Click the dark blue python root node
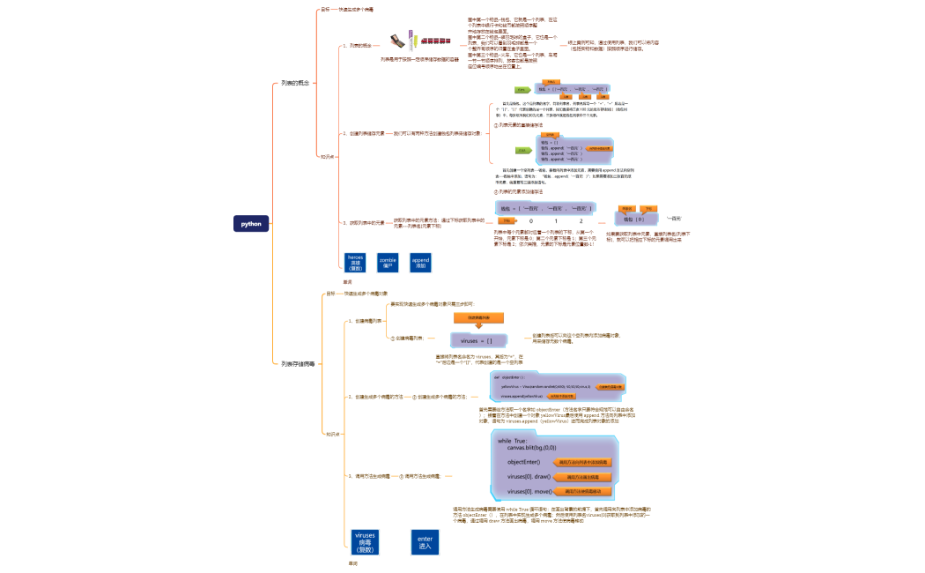pos(251,224)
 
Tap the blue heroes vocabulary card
pos(356,263)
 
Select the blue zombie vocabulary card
pos(388,263)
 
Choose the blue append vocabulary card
pos(420,263)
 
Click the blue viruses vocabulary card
pos(365,540)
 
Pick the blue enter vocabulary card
pos(425,540)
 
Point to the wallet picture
pos(399,41)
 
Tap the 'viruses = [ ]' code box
pos(477,340)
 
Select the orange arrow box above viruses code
pos(478,317)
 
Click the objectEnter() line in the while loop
pos(523,462)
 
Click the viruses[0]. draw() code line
pos(529,476)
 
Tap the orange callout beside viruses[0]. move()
pos(583,491)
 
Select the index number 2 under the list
pos(581,220)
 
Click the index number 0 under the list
pos(530,220)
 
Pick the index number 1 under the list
pos(556,220)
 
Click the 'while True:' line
pos(513,441)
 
